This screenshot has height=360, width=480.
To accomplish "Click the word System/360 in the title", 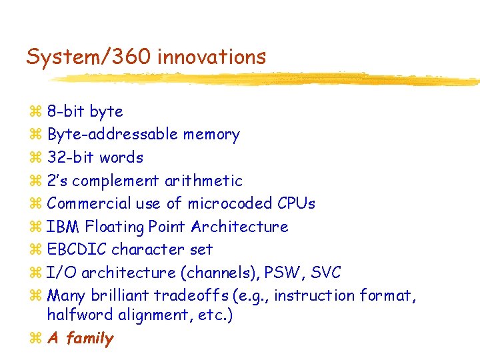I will (x=89, y=57).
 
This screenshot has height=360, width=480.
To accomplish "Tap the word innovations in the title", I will (x=211, y=57).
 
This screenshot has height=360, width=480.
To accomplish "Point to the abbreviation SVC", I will (x=325, y=273).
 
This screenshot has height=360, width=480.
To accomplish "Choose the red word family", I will (x=90, y=338).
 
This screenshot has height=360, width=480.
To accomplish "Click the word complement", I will (x=111, y=181).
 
